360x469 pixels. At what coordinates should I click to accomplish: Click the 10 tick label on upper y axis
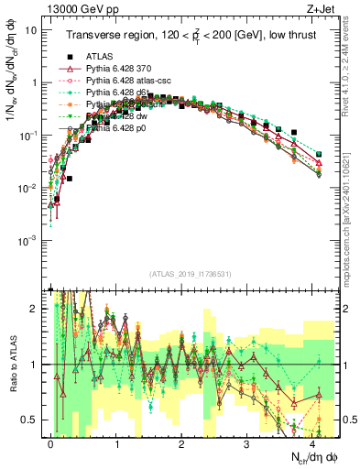click(x=30, y=29)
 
